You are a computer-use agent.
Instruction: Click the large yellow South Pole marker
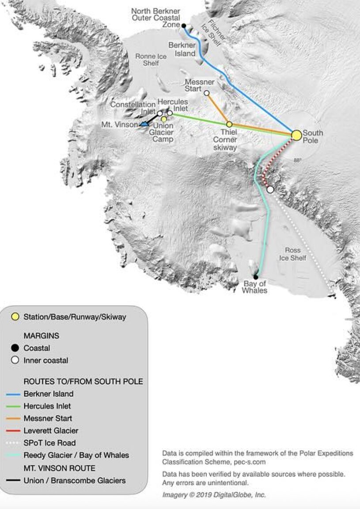(x=296, y=135)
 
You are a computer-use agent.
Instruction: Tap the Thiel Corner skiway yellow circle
(x=229, y=125)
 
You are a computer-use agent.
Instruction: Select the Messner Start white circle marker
(x=206, y=93)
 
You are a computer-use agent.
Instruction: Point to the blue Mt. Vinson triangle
(x=144, y=124)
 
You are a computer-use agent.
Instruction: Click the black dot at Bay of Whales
(x=255, y=277)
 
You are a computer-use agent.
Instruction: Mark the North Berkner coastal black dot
(x=184, y=26)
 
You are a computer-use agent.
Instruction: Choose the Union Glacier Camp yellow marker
(x=164, y=119)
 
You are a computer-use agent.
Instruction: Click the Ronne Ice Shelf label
(x=151, y=60)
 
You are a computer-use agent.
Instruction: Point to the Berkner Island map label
(x=182, y=49)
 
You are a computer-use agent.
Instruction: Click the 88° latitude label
(x=297, y=160)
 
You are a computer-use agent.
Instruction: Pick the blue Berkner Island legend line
(x=15, y=394)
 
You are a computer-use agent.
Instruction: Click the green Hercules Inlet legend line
(x=15, y=406)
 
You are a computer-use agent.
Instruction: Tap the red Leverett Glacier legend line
(x=15, y=430)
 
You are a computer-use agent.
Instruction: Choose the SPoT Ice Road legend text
(x=49, y=443)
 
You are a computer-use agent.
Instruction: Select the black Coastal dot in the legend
(x=15, y=348)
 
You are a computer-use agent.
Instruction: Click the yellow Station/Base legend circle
(x=15, y=316)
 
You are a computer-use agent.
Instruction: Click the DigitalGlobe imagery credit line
(x=214, y=495)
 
